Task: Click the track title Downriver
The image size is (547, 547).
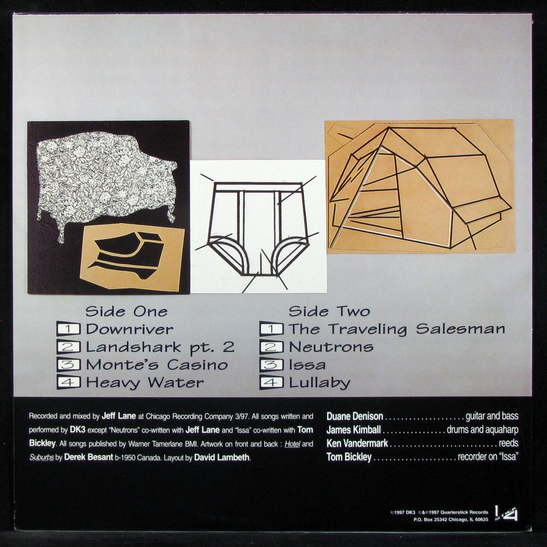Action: (x=129, y=329)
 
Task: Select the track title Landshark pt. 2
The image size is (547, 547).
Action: (x=160, y=347)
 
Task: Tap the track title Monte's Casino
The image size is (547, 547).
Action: (x=157, y=365)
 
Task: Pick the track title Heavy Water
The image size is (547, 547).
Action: (x=145, y=383)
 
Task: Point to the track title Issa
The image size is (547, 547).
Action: (x=307, y=365)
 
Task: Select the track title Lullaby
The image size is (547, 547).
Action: (x=320, y=383)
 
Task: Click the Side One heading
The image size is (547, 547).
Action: (x=126, y=312)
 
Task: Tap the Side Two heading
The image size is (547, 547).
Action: (x=329, y=312)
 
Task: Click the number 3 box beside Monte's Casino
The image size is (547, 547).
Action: (x=69, y=365)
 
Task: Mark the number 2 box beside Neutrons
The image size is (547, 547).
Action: (x=272, y=347)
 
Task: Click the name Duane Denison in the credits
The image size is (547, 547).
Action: (x=355, y=417)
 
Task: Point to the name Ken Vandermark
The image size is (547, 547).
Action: (x=357, y=444)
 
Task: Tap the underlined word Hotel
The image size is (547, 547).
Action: (x=292, y=444)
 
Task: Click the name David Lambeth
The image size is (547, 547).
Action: (x=222, y=458)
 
